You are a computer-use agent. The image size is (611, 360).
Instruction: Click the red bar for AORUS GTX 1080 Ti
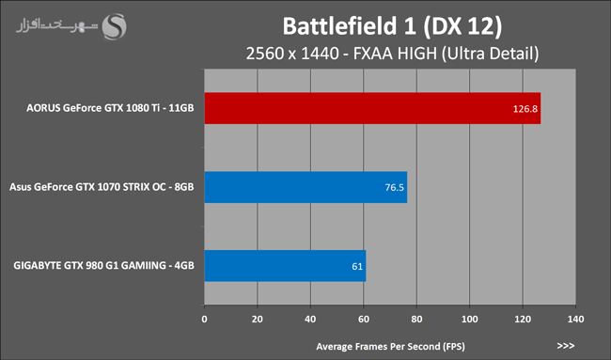coord(372,108)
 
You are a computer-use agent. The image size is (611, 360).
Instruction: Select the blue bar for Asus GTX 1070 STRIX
coord(305,187)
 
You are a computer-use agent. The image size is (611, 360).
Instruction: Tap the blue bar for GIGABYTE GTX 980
coord(285,266)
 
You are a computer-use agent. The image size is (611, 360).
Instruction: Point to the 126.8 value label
coord(525,109)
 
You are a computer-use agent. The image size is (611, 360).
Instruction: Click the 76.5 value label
coord(395,187)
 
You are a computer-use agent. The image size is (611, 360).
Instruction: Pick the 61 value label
coord(357,267)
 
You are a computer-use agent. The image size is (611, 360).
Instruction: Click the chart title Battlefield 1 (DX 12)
coord(392,26)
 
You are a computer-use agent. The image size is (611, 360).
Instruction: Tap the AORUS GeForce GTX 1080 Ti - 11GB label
coord(110,108)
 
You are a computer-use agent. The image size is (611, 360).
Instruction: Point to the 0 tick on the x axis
coord(205,319)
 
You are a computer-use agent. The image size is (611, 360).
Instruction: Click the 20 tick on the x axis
coord(258,319)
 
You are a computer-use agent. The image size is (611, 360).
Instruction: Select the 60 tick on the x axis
coord(364,319)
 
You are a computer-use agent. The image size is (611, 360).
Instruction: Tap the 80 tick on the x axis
coord(416,319)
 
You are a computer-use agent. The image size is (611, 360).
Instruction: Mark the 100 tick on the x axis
coord(470,319)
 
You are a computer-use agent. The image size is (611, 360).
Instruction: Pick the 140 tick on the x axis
coord(575,319)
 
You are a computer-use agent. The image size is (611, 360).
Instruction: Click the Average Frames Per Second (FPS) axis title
coord(390,346)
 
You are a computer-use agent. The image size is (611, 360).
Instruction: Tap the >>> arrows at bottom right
coord(566,346)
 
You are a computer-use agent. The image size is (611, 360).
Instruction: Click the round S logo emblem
coord(114,26)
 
